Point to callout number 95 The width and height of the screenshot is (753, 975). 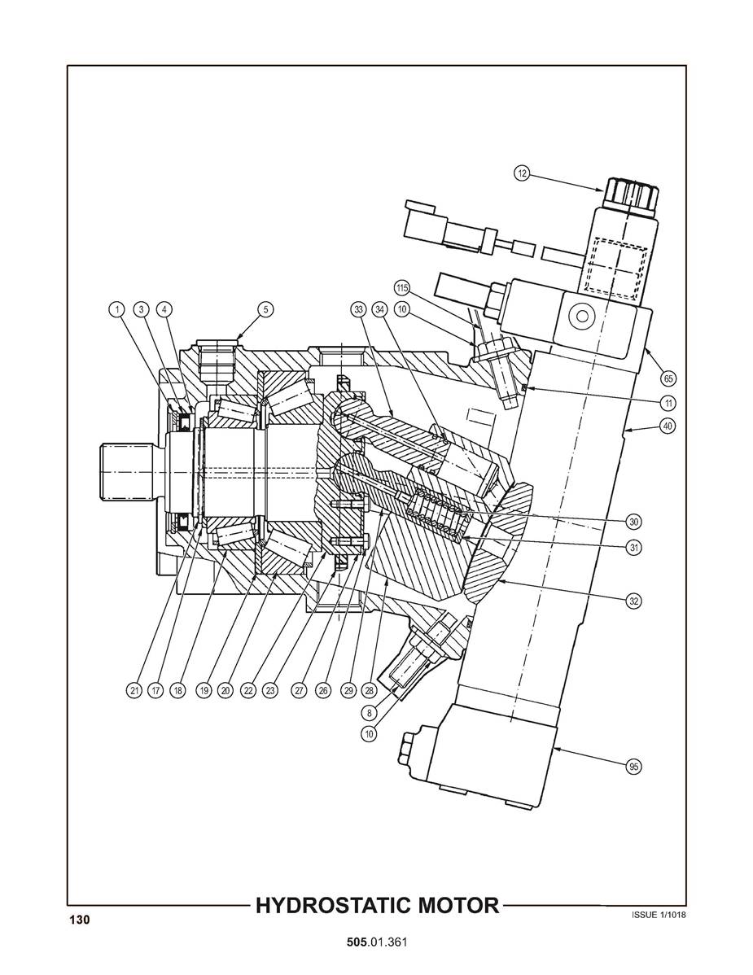click(633, 767)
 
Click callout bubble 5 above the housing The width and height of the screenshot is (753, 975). click(265, 309)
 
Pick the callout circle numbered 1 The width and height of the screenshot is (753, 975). click(116, 309)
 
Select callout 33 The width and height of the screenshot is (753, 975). click(358, 309)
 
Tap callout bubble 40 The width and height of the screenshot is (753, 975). click(668, 426)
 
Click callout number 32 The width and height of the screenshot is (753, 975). click(633, 601)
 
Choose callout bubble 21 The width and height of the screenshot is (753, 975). click(135, 689)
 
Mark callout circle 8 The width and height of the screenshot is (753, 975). click(370, 713)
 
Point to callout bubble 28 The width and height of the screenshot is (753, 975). click(370, 689)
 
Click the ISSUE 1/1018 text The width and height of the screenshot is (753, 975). click(659, 915)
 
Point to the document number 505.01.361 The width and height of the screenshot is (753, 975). click(377, 942)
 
